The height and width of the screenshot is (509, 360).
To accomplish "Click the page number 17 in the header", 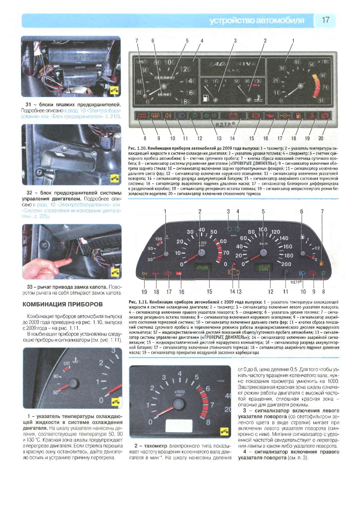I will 325,20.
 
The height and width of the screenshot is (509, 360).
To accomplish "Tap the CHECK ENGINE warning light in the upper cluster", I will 142,116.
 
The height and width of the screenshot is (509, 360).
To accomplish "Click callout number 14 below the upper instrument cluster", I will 232,138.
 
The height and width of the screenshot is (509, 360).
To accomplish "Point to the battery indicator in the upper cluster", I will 233,116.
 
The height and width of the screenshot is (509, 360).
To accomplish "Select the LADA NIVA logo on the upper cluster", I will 232,66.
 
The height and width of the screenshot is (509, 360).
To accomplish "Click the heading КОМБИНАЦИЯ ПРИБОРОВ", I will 63,304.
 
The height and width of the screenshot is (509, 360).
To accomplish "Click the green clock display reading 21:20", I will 202,268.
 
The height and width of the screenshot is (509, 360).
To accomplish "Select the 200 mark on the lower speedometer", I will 286,264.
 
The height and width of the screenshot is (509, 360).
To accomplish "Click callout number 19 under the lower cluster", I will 144,292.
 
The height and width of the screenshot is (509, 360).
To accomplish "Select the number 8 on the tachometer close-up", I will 208,423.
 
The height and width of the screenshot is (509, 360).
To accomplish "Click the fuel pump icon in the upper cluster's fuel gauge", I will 206,98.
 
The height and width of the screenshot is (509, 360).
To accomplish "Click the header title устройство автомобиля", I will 257,21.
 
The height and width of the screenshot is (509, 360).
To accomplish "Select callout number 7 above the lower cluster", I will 322,212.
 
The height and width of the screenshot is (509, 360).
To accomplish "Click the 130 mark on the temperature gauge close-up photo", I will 66,363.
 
